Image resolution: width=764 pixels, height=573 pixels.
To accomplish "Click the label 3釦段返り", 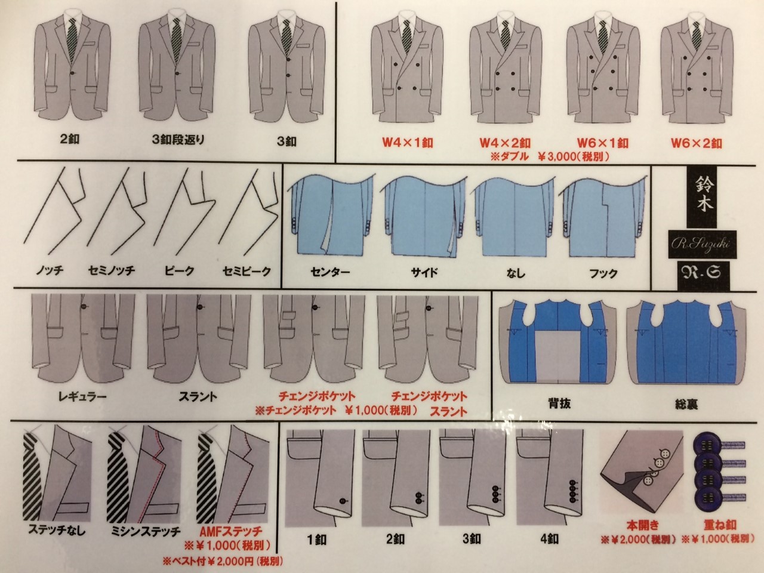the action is click(x=178, y=140).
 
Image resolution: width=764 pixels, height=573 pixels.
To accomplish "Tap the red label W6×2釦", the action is click(x=697, y=143).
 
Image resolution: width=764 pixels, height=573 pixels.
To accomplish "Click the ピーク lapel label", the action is click(x=180, y=270).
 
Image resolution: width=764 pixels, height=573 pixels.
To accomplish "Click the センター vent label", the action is click(x=330, y=272).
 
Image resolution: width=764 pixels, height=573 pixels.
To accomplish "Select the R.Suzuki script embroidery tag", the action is click(x=703, y=244).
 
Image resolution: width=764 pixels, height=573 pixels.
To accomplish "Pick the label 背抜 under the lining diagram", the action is click(x=559, y=404).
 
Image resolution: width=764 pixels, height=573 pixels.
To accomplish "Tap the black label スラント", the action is click(x=198, y=396).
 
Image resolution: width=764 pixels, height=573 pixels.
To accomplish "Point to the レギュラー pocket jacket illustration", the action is click(x=83, y=337).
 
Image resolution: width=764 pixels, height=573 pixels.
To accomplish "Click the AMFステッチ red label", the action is click(x=231, y=531).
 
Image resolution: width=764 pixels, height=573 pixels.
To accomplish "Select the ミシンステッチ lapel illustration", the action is click(x=144, y=477).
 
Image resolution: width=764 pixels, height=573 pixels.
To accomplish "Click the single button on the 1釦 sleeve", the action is click(x=343, y=501).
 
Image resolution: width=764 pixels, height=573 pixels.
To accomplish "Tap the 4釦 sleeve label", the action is click(x=549, y=540).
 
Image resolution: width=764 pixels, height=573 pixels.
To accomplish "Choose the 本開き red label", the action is click(x=643, y=525).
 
